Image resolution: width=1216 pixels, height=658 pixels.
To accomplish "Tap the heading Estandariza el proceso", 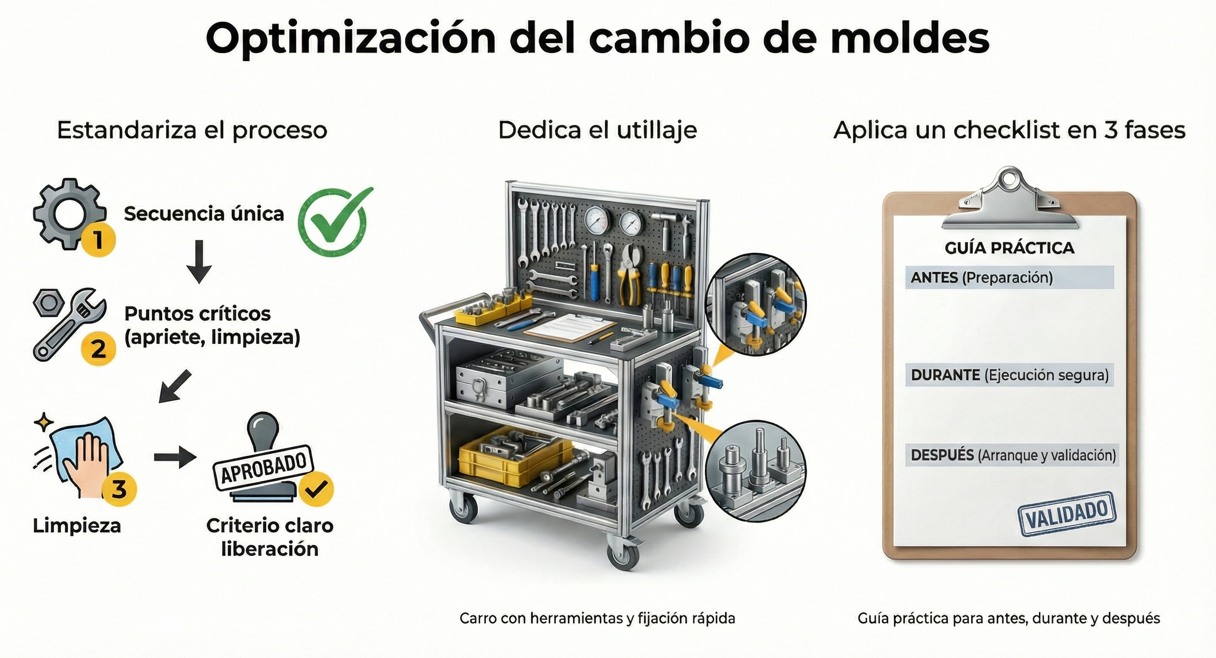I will (192, 130).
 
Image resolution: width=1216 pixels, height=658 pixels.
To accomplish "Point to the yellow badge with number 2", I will (98, 349).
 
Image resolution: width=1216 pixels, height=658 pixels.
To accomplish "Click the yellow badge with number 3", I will (119, 488).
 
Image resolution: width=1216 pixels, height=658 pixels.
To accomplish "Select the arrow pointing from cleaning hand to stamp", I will (175, 457).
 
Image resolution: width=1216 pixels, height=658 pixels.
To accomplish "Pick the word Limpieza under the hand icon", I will (77, 525).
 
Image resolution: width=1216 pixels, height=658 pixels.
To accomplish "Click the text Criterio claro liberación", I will (269, 537).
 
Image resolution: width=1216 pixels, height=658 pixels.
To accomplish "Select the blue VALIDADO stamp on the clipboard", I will (1067, 514).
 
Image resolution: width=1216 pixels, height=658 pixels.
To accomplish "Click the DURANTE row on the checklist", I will (1009, 375).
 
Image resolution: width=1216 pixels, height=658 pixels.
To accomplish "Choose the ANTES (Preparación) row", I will (1009, 277).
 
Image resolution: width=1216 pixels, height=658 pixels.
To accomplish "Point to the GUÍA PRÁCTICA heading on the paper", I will (1009, 248).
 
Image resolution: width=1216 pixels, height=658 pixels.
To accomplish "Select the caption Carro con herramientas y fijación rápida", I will (597, 618).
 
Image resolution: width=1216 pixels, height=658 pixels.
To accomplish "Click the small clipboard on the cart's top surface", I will (570, 327).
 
